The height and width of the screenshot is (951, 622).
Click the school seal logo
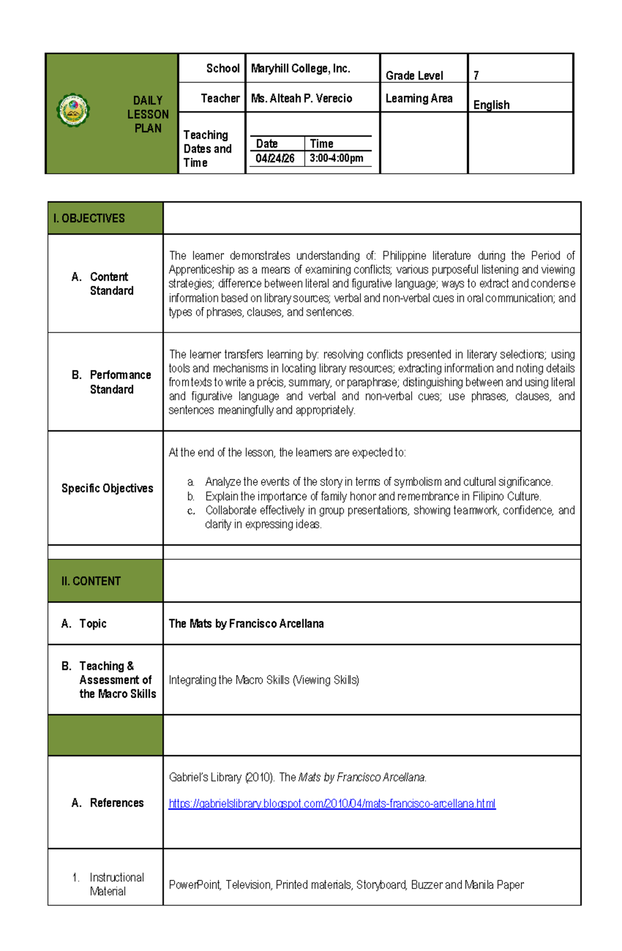point(73,110)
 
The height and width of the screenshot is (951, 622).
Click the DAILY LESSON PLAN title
point(148,114)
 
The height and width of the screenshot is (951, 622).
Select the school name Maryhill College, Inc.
point(301,68)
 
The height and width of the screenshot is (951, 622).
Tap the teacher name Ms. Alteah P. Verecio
point(301,98)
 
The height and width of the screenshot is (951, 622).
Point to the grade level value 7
point(476,76)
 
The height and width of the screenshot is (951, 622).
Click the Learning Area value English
point(491,105)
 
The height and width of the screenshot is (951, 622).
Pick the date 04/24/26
point(275,159)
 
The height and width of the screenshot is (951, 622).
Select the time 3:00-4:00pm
point(336,159)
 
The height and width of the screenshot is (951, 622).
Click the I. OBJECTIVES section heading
point(89,218)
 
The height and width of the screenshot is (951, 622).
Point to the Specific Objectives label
point(107,488)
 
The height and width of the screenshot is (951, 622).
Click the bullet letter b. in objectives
point(191,496)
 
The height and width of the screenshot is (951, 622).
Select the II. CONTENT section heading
point(91,581)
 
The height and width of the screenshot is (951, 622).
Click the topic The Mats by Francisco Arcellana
point(246,623)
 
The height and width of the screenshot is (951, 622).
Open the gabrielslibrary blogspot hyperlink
point(332,803)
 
